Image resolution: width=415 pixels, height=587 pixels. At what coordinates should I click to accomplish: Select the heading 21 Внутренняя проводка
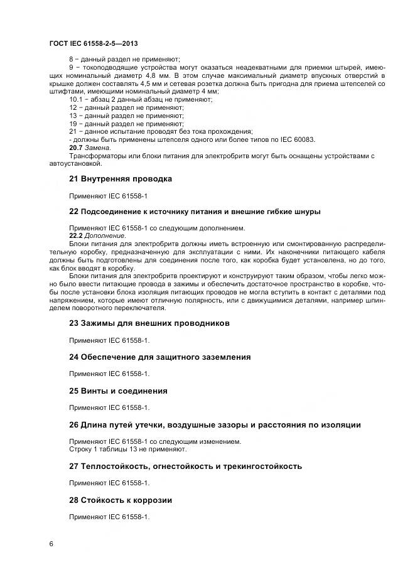pos(120,178)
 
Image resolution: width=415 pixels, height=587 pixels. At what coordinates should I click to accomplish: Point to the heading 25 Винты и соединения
pos(118,390)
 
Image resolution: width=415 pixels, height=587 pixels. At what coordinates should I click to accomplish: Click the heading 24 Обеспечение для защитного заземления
pos(159,357)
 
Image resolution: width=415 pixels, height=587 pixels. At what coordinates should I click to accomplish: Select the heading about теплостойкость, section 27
pos(185,466)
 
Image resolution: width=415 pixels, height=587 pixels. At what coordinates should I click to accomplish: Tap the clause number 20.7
pos(75,148)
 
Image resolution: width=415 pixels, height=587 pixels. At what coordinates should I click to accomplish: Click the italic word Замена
pos(97,148)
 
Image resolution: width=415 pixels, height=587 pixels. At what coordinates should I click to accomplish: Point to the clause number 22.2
pos(75,235)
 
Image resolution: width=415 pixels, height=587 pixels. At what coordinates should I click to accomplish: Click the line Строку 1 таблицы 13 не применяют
pos(127,450)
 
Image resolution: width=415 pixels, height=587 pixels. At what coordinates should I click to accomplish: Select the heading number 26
pos(73,425)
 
